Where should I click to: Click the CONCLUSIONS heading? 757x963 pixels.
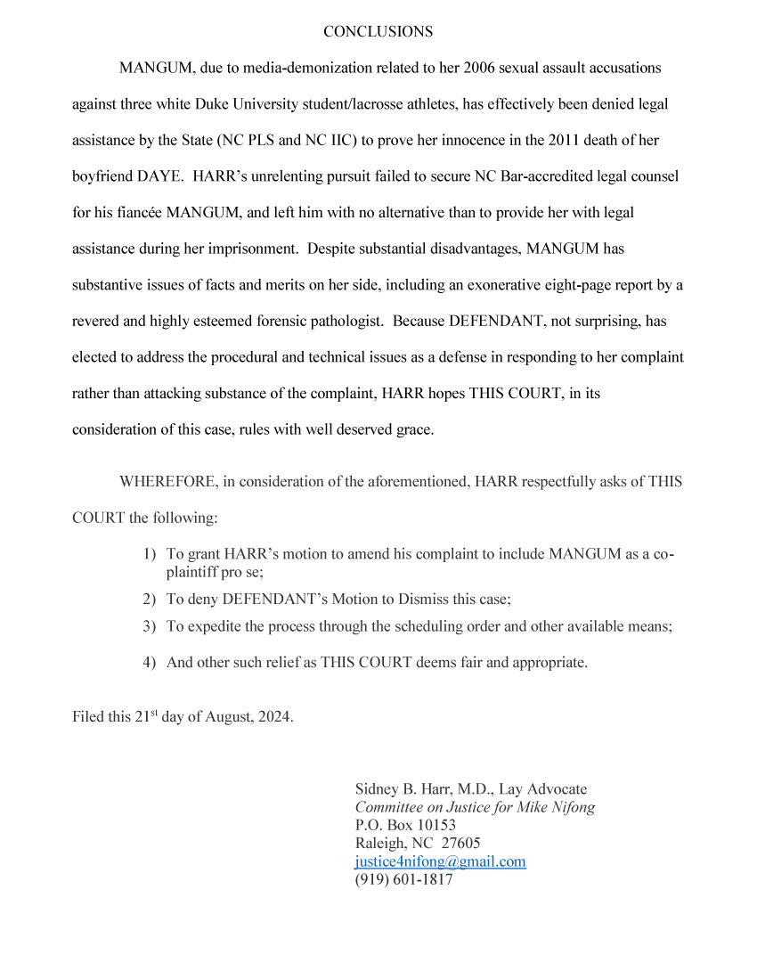click(378, 32)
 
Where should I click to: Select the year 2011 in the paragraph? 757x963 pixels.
click(556, 141)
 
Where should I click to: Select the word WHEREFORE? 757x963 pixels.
click(168, 482)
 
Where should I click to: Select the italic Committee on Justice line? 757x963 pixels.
click(475, 808)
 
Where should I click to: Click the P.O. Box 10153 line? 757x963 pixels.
click(405, 826)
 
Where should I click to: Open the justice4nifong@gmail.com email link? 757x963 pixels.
click(440, 862)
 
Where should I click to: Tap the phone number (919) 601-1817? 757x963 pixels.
click(403, 880)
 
